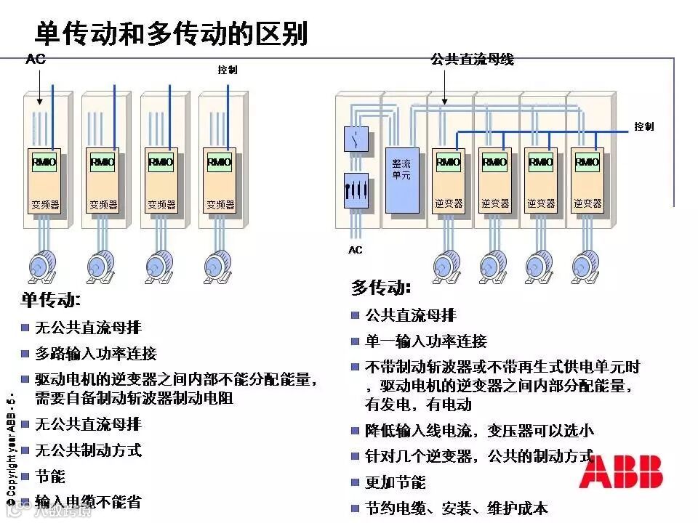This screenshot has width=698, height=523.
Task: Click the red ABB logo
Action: (621, 471)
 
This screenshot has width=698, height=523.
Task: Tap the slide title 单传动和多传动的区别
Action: (172, 33)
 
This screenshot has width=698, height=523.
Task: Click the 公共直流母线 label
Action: (472, 60)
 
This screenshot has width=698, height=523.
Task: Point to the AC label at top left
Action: (36, 60)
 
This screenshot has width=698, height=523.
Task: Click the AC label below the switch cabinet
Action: (355, 250)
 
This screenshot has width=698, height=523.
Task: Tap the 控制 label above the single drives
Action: (228, 70)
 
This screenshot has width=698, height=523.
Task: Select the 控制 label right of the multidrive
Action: (643, 126)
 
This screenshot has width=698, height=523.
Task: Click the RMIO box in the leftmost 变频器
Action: (44, 162)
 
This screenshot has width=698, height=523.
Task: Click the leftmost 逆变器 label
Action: (448, 204)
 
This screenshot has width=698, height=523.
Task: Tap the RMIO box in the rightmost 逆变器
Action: (587, 162)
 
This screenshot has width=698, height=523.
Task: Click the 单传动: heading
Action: (51, 299)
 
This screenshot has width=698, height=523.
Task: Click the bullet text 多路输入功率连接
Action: (96, 354)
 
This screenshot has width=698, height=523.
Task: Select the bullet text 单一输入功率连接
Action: (426, 341)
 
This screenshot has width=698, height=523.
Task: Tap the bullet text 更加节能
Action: (396, 482)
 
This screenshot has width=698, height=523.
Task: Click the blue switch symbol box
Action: (356, 138)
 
